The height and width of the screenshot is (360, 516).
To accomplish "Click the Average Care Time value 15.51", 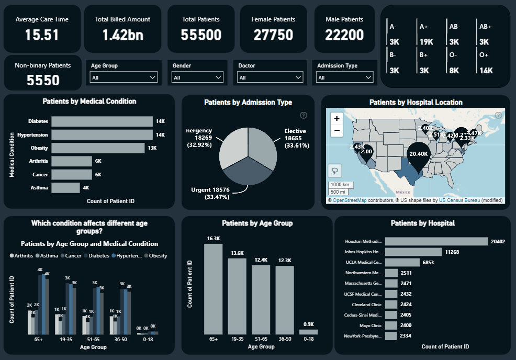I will [x=42, y=35].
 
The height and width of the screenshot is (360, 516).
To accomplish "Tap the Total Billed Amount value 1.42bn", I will [x=122, y=35].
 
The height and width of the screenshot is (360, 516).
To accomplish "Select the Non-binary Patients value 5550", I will [x=42, y=80].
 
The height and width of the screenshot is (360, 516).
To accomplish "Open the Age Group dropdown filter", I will [x=124, y=77].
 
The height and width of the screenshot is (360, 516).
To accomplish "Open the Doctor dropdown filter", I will [x=270, y=77].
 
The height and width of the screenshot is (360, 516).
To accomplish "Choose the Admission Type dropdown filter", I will [x=345, y=77].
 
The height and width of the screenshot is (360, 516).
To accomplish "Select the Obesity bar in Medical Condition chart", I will [x=98, y=148].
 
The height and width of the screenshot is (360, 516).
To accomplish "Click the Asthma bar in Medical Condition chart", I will [x=65, y=187].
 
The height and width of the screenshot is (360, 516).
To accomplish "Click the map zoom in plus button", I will [x=336, y=119].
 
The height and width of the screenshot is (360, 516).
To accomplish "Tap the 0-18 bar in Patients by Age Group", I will [x=308, y=332].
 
